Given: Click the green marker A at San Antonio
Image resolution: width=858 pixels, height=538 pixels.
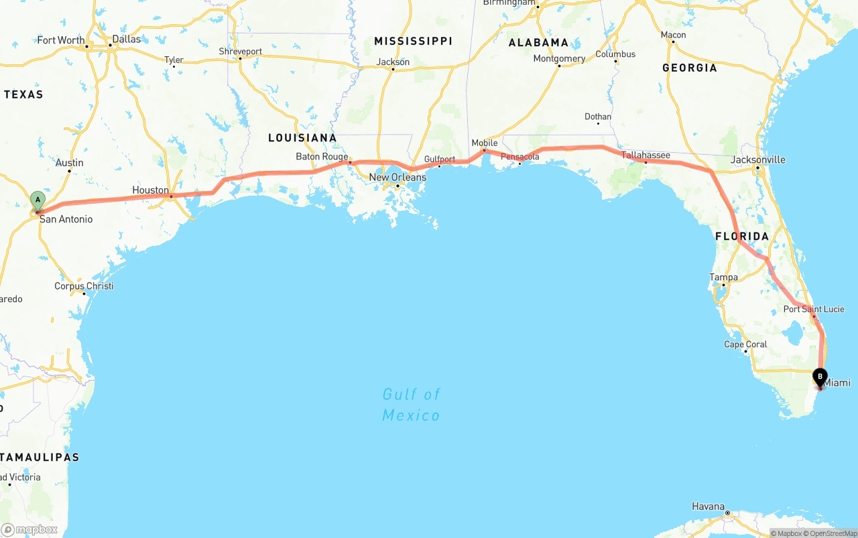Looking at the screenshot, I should pos(38,200).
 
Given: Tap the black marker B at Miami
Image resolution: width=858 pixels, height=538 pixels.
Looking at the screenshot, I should pos(820,377).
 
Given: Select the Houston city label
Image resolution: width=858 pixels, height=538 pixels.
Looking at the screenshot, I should pos(150,190).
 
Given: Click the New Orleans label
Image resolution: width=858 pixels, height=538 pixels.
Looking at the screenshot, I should pos(397,178).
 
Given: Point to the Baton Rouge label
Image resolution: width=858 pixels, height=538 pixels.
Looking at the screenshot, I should pos(322,157).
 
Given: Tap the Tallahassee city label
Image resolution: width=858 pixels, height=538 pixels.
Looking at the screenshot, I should pos(646,155).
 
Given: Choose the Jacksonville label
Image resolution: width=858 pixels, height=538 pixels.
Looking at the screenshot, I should pos(757,159).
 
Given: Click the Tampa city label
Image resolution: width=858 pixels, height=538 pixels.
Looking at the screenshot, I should pos(723,277).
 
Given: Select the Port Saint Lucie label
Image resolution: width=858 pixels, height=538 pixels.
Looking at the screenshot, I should pos(814,309).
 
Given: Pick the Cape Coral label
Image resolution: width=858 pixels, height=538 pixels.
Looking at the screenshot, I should pos(745,344).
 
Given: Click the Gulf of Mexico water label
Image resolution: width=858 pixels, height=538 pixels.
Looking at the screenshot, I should pos(411,405).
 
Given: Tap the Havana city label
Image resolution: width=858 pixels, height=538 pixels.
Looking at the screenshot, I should pos(709,507).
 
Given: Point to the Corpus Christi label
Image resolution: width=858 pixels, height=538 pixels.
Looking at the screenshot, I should pos(84,286).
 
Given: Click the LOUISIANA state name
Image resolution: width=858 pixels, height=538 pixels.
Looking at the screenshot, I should pos(302,138).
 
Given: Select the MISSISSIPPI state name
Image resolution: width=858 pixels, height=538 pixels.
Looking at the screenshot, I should pos(413,42).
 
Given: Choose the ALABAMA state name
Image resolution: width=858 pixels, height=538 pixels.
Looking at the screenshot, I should pos(538,43).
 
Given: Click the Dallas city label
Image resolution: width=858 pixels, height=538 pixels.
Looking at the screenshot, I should pos(127,39).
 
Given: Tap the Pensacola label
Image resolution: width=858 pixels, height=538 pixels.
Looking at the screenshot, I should pos(520,157).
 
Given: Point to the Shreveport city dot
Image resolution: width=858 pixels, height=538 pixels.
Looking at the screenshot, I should pos(240,58).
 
